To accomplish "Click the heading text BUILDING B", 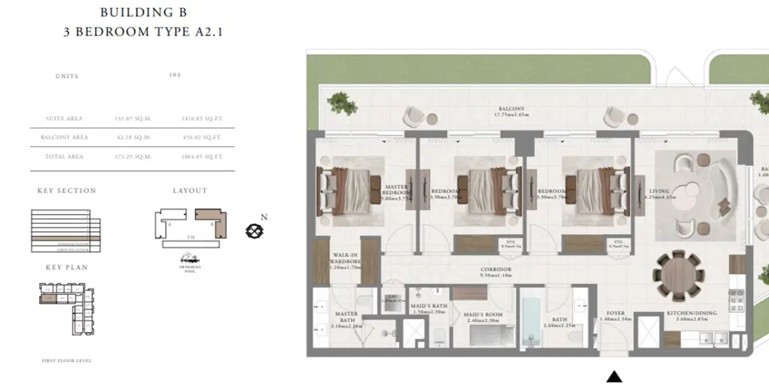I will point(143,12).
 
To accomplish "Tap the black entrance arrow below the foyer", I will point(614,377).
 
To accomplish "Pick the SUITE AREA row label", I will point(64,119).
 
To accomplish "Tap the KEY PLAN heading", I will point(67,267).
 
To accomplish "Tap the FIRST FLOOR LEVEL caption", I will point(67,361).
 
